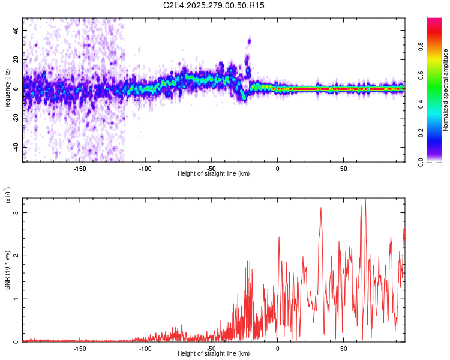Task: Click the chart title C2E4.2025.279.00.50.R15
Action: [214, 5]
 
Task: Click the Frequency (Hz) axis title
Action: [7, 90]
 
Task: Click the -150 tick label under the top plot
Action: [80, 168]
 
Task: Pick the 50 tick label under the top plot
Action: [343, 168]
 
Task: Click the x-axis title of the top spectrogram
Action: [214, 174]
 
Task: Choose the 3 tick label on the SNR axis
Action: [17, 213]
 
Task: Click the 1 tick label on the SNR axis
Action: [17, 299]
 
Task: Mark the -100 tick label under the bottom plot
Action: [146, 348]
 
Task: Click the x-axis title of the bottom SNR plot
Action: [214, 354]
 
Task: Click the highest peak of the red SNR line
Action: [365, 199]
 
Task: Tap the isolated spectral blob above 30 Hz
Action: [249, 41]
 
